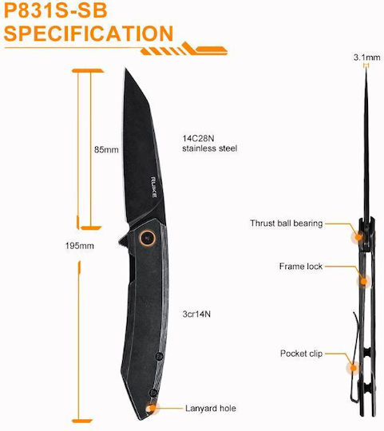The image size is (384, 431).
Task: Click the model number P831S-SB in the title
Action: click(56, 10)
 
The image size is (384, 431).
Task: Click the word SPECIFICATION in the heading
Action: click(89, 34)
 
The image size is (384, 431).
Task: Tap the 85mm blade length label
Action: click(106, 150)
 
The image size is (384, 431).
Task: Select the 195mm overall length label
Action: click(80, 246)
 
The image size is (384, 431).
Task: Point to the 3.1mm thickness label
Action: click(366, 57)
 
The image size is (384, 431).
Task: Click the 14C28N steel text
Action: click(198, 138)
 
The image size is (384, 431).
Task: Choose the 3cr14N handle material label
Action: click(196, 314)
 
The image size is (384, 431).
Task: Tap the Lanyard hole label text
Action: click(211, 408)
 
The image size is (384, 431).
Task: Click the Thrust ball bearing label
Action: click(286, 223)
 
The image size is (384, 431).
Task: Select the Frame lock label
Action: click(301, 267)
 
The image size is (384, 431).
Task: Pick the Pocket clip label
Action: click(301, 354)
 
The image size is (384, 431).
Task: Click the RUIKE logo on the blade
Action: click(154, 188)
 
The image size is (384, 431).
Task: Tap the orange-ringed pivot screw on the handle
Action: click(148, 237)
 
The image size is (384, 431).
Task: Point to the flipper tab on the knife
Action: click(123, 241)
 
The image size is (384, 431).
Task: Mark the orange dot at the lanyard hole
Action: click(151, 408)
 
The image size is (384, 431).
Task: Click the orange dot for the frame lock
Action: click(363, 282)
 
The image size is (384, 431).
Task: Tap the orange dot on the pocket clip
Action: click(354, 367)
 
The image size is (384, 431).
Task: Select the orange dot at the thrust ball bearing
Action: click(358, 236)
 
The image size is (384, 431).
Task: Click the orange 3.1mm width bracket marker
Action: click(366, 65)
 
